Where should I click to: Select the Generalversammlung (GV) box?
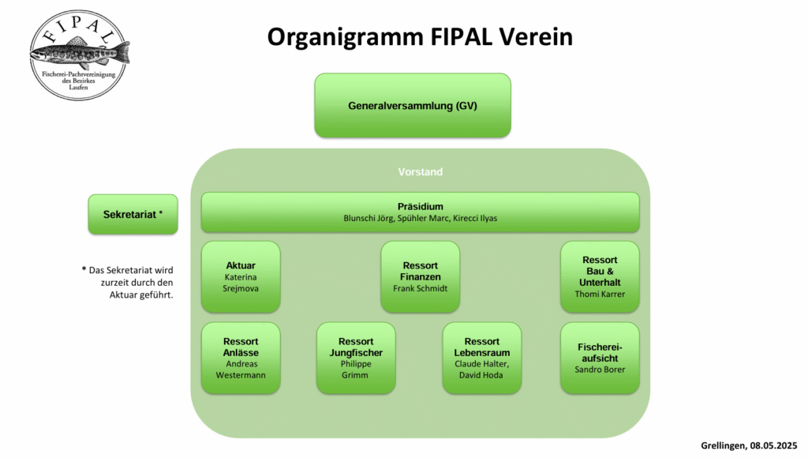click(413, 105)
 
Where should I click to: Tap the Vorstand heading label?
click(420, 171)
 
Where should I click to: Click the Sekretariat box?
click(133, 214)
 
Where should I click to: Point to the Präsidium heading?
click(420, 206)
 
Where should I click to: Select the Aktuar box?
click(241, 276)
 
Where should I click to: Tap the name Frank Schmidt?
click(420, 289)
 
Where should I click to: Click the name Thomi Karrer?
click(600, 295)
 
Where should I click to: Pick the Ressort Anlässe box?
click(241, 357)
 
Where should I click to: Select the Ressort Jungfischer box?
click(356, 357)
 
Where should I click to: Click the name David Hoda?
click(481, 375)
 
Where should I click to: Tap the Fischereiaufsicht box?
click(600, 357)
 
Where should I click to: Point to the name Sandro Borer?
click(600, 370)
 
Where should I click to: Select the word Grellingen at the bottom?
click(721, 445)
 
